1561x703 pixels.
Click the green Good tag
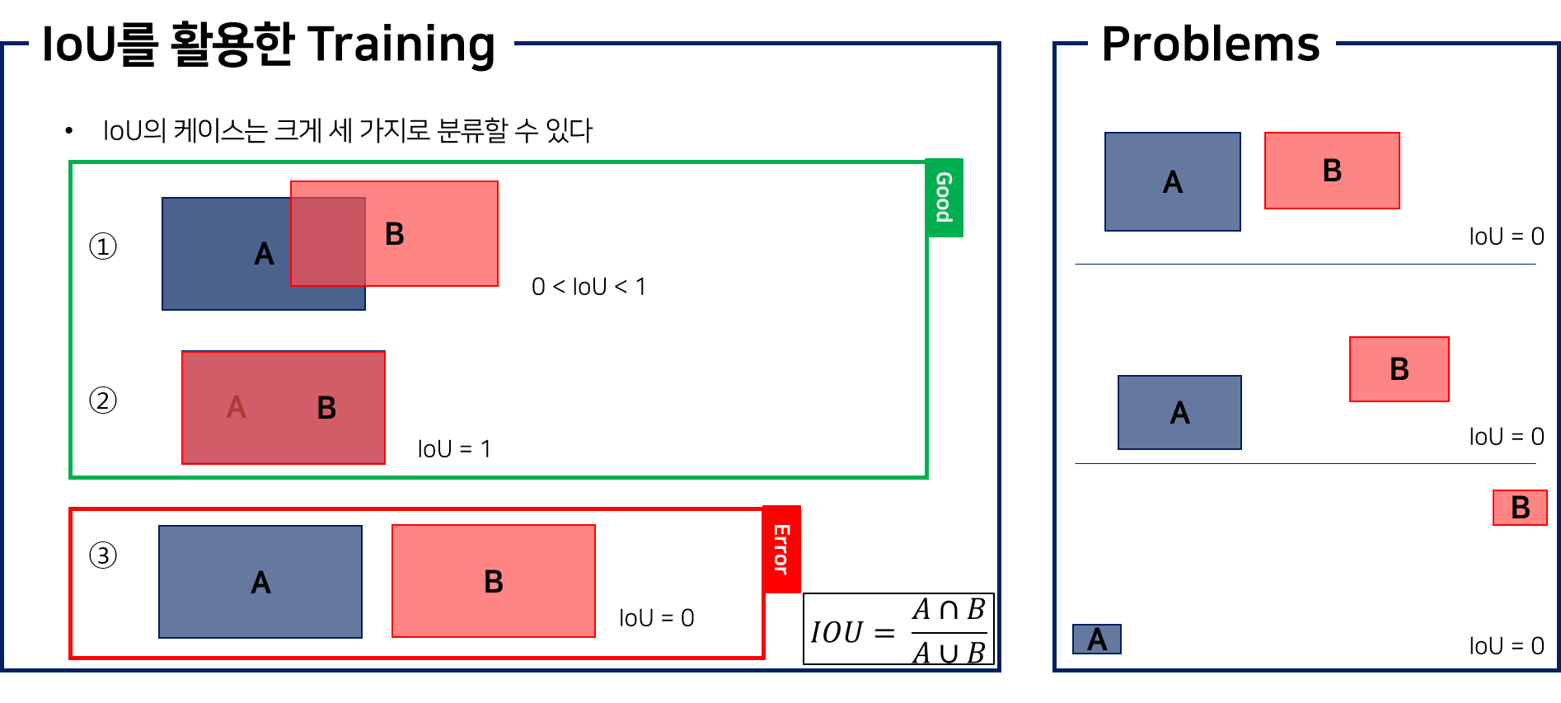(944, 198)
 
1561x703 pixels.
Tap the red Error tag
(781, 549)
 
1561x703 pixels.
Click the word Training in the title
(403, 45)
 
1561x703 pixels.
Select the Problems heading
(1211, 45)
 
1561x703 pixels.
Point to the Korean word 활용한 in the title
(232, 45)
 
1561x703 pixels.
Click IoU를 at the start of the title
(98, 45)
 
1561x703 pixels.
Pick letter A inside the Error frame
(261, 583)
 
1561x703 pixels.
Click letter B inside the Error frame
(494, 582)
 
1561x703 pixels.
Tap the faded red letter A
(237, 407)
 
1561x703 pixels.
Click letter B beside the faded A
(326, 408)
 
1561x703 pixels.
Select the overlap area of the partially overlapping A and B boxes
(328, 241)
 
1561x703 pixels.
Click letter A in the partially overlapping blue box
(264, 254)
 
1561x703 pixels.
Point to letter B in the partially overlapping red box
(395, 234)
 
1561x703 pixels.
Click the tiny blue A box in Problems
(1096, 640)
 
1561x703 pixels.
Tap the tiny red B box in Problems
(1520, 508)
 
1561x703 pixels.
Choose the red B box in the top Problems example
(1332, 171)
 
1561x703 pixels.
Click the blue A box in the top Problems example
(1172, 182)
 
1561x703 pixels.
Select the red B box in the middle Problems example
(1399, 369)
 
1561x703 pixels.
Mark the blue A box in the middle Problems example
(1179, 412)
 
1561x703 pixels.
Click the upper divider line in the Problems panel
(1305, 264)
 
